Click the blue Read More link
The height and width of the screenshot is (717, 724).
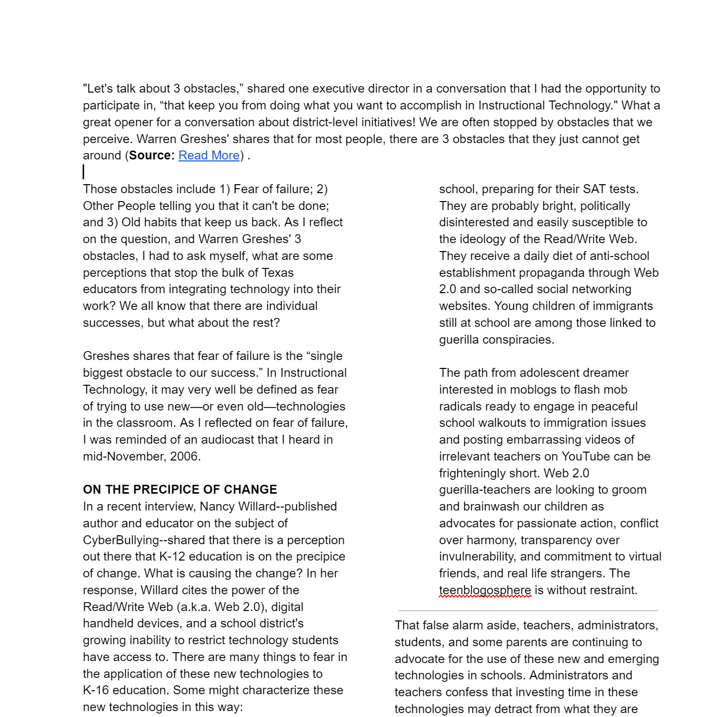pyautogui.click(x=209, y=155)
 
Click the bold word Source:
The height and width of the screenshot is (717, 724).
pyautogui.click(x=151, y=155)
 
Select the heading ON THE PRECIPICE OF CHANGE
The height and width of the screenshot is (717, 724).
pyautogui.click(x=180, y=490)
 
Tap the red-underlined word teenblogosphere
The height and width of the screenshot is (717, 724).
pyautogui.click(x=484, y=590)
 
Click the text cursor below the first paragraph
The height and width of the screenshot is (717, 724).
pyautogui.click(x=84, y=172)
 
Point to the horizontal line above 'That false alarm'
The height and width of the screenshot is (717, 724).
pyautogui.click(x=528, y=611)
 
